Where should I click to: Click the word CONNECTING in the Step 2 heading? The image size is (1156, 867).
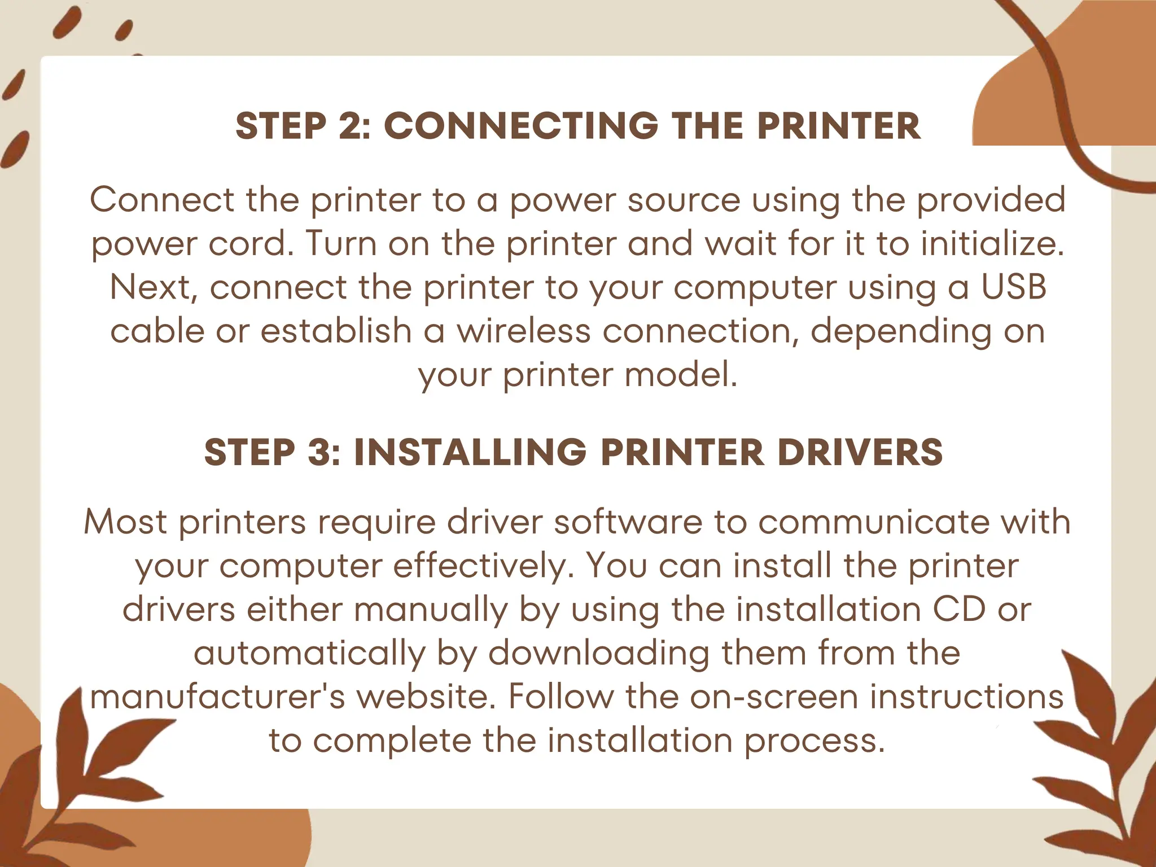(520, 125)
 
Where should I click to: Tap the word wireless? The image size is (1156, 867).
(523, 331)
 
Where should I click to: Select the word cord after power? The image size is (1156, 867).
(251, 243)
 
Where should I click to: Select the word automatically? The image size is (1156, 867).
(309, 653)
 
